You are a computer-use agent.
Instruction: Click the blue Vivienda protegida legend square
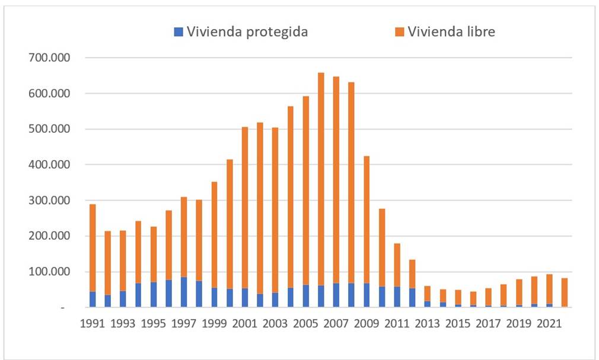[179, 32]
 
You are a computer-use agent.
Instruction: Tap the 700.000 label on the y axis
[53, 58]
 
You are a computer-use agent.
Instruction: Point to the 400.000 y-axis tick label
[53, 165]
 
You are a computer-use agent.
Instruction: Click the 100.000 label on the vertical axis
[53, 272]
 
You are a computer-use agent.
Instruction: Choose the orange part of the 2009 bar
[367, 219]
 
